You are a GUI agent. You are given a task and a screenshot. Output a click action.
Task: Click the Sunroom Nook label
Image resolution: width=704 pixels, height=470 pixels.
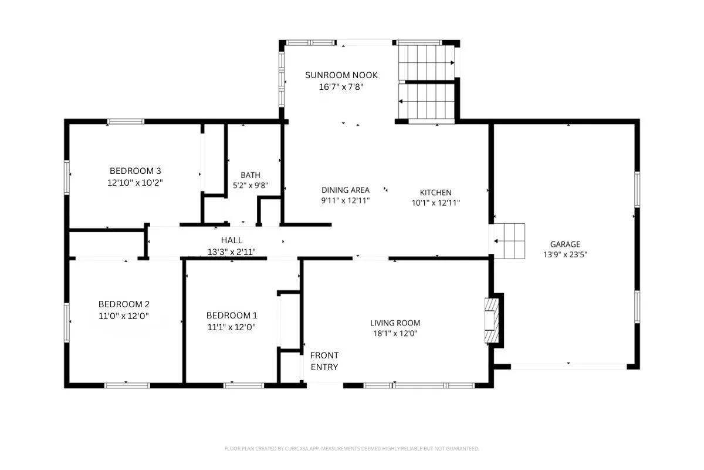(341, 75)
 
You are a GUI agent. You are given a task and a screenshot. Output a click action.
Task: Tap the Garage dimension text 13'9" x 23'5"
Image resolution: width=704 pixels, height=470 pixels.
(565, 254)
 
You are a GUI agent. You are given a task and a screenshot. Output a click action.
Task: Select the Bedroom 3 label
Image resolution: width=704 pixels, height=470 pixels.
(135, 171)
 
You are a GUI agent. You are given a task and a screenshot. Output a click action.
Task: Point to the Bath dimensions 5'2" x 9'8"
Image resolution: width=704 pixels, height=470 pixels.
(250, 186)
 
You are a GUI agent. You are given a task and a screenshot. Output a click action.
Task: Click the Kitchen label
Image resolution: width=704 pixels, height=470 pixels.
(435, 192)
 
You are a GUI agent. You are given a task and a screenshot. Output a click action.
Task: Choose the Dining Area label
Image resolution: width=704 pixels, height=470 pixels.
(346, 190)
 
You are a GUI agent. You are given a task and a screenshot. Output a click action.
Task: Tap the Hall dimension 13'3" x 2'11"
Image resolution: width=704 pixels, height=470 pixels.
(232, 252)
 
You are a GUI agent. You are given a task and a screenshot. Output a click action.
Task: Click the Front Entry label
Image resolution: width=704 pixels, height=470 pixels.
(324, 361)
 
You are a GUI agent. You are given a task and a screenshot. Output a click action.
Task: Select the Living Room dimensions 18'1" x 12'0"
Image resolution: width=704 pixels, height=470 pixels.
(395, 333)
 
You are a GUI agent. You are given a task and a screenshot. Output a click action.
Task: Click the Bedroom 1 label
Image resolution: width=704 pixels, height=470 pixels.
(232, 315)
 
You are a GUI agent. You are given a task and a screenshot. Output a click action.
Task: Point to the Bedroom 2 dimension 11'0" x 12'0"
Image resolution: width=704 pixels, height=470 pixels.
(124, 315)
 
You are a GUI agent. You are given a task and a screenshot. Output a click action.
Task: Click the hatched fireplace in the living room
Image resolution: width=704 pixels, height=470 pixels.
(492, 320)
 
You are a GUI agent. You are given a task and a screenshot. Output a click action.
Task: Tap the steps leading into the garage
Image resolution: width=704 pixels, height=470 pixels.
(509, 241)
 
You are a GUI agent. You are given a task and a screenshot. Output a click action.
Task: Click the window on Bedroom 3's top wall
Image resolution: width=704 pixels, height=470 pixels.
(126, 122)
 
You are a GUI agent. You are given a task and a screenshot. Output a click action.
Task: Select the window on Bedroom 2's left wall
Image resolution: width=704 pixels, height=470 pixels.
(67, 323)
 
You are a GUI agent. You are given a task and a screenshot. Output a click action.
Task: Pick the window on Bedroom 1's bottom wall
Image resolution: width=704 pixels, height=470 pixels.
(244, 385)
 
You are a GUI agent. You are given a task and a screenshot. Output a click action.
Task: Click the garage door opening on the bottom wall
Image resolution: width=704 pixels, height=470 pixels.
(569, 367)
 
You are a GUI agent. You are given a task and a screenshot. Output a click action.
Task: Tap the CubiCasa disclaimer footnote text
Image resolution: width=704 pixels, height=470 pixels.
(351, 449)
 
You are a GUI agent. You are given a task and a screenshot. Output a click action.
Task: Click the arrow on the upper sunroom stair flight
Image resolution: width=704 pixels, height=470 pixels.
(427, 63)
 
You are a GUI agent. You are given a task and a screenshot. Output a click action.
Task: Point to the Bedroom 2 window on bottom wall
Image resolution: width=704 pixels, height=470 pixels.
(127, 385)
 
